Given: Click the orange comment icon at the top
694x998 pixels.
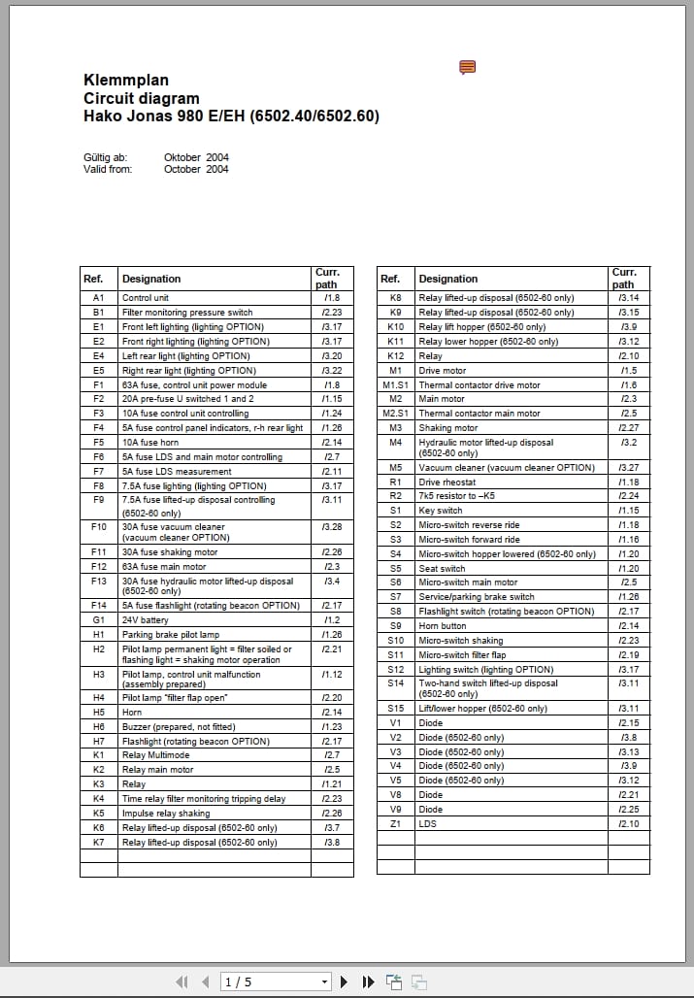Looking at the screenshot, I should pyautogui.click(x=467, y=67).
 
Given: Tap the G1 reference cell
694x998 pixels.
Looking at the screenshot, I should pyautogui.click(x=98, y=619).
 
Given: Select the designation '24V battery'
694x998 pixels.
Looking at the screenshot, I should pyautogui.click(x=146, y=619).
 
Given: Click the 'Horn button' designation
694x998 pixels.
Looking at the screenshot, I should pyautogui.click(x=442, y=626).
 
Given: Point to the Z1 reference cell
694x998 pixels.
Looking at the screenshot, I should pyautogui.click(x=395, y=824).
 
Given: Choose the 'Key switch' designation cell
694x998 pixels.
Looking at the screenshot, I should pyautogui.click(x=441, y=511).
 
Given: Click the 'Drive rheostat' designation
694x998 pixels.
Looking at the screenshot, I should pyautogui.click(x=447, y=482).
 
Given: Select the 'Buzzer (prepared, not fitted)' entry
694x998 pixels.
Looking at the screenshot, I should pyautogui.click(x=179, y=727).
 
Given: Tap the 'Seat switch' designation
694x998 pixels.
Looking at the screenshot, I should pyautogui.click(x=442, y=569).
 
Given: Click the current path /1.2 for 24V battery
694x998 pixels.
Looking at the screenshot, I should pyautogui.click(x=330, y=619).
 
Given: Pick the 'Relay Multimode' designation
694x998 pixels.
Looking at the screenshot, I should pyautogui.click(x=156, y=755).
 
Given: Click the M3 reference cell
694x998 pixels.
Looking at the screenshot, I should pyautogui.click(x=395, y=428).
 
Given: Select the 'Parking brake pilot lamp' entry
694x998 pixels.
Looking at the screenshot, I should pyautogui.click(x=171, y=634).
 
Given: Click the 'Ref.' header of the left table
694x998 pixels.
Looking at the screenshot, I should pyautogui.click(x=93, y=279).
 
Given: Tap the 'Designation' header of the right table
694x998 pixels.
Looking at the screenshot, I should pyautogui.click(x=448, y=279).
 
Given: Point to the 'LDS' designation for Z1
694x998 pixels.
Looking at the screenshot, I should pyautogui.click(x=427, y=824).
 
